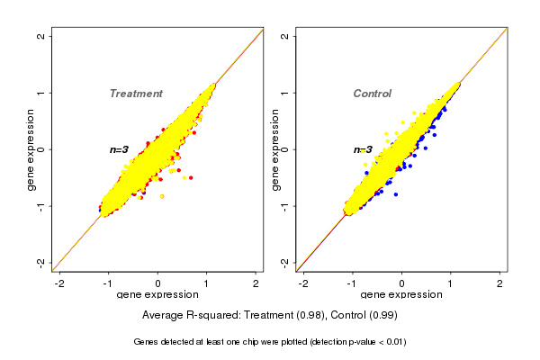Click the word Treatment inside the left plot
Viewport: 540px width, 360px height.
coord(136,94)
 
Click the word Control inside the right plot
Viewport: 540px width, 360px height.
coord(373,94)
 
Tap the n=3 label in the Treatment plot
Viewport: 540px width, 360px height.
coord(120,149)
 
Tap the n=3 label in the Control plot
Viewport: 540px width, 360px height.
coord(363,149)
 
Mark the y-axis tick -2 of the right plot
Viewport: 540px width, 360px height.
coord(285,262)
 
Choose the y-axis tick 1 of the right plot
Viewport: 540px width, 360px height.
coord(285,93)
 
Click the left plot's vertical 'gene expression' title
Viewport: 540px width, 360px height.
coord(31,149)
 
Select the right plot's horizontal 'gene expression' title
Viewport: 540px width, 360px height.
coord(402,295)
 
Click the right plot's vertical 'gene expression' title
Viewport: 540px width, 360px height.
coord(275,149)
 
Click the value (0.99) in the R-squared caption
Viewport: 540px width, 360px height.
coord(380,316)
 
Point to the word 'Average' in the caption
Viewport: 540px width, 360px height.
coord(163,316)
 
